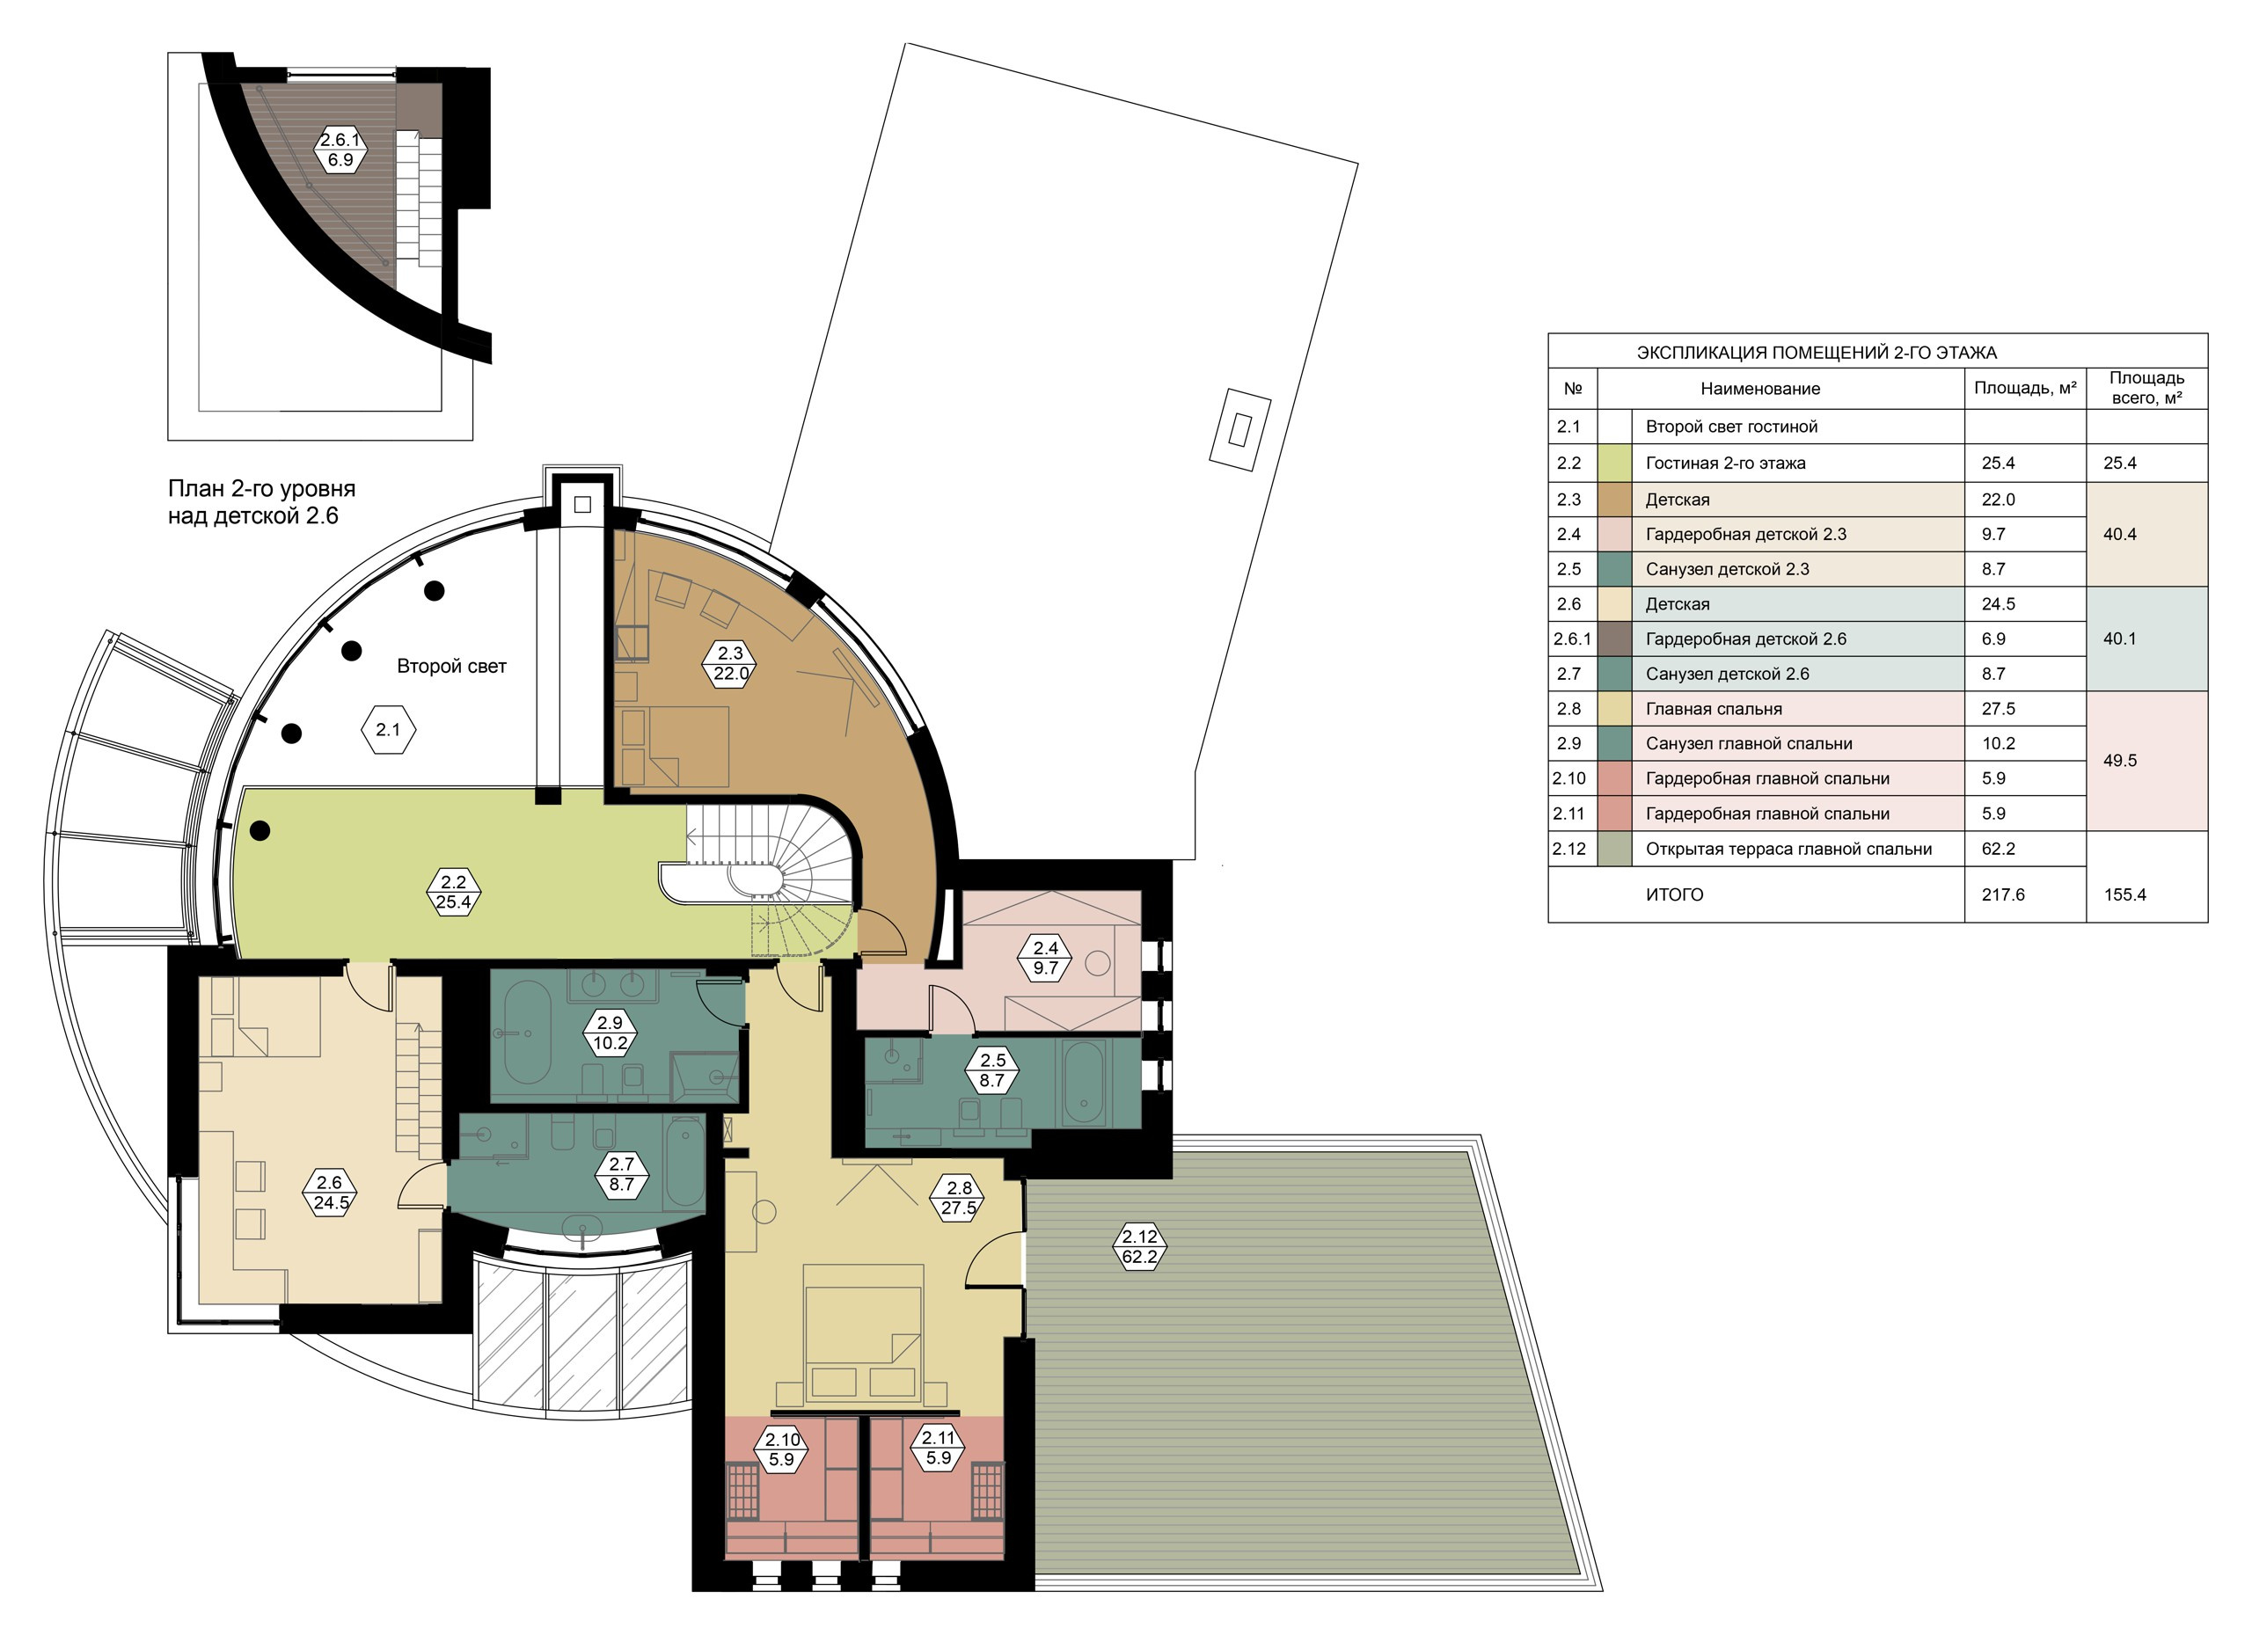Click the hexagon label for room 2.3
[x=730, y=663]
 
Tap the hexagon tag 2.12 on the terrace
[x=1139, y=1246]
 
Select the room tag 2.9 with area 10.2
[x=610, y=1033]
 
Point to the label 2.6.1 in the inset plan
[x=340, y=149]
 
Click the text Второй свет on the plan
[x=452, y=666]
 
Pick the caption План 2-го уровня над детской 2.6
[x=261, y=502]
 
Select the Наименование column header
[x=1759, y=388]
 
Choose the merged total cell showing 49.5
[x=2119, y=761]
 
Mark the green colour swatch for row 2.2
[x=1614, y=463]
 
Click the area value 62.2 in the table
[x=1995, y=849]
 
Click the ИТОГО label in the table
[x=1674, y=894]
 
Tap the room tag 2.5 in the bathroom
[x=992, y=1070]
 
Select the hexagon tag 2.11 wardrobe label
[x=938, y=1448]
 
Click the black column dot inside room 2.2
[x=260, y=831]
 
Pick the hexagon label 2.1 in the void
[x=387, y=730]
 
